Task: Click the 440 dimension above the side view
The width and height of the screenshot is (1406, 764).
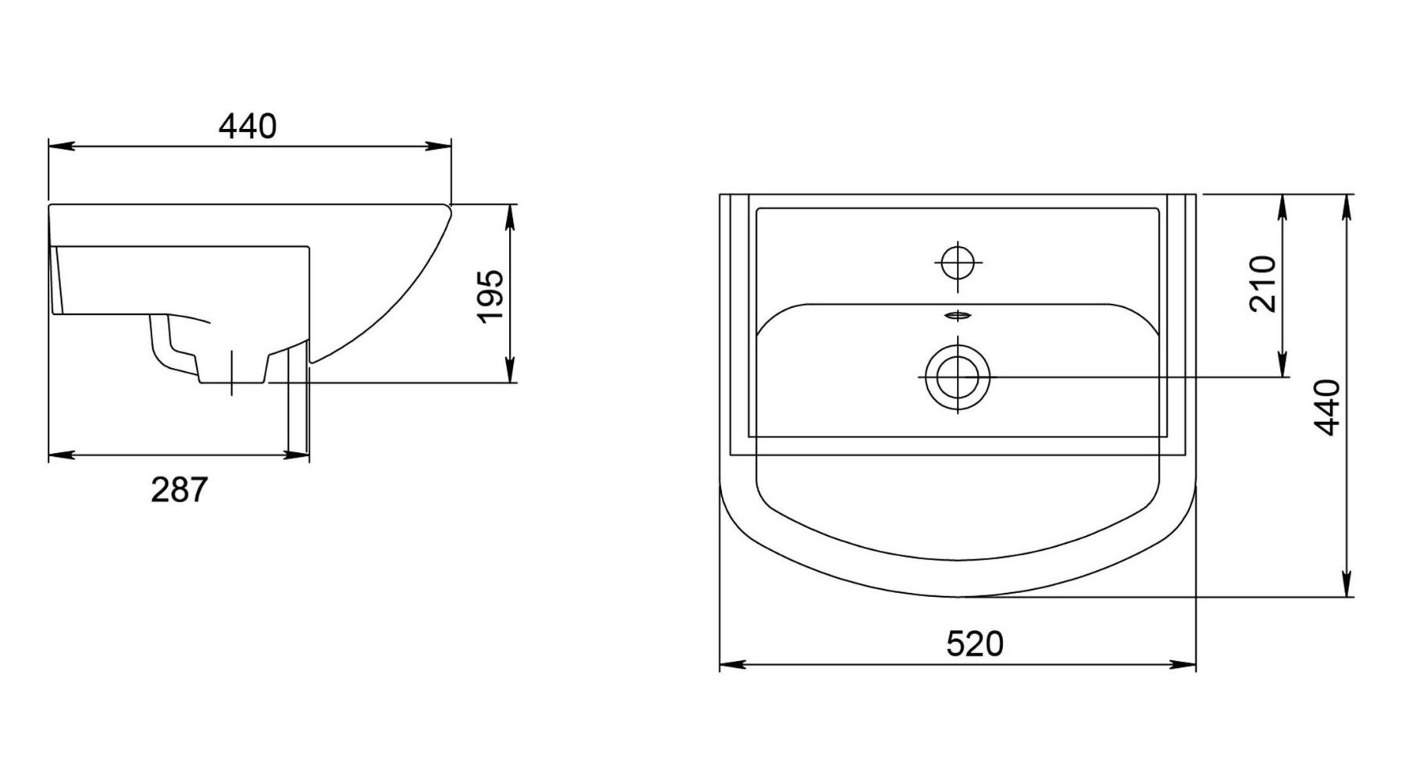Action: (x=247, y=126)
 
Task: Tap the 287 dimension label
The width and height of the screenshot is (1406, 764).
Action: (x=180, y=490)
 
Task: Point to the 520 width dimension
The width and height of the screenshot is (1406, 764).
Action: (x=975, y=644)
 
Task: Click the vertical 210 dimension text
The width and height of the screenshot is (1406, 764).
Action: (x=1263, y=284)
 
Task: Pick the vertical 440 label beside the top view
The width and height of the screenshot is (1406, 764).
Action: (x=1327, y=407)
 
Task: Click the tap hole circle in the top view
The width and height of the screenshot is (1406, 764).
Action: (x=958, y=262)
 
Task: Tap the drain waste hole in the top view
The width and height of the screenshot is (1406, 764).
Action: (x=958, y=377)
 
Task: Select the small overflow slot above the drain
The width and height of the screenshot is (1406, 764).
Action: (x=958, y=315)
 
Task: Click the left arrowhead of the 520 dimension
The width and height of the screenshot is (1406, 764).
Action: (x=730, y=665)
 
